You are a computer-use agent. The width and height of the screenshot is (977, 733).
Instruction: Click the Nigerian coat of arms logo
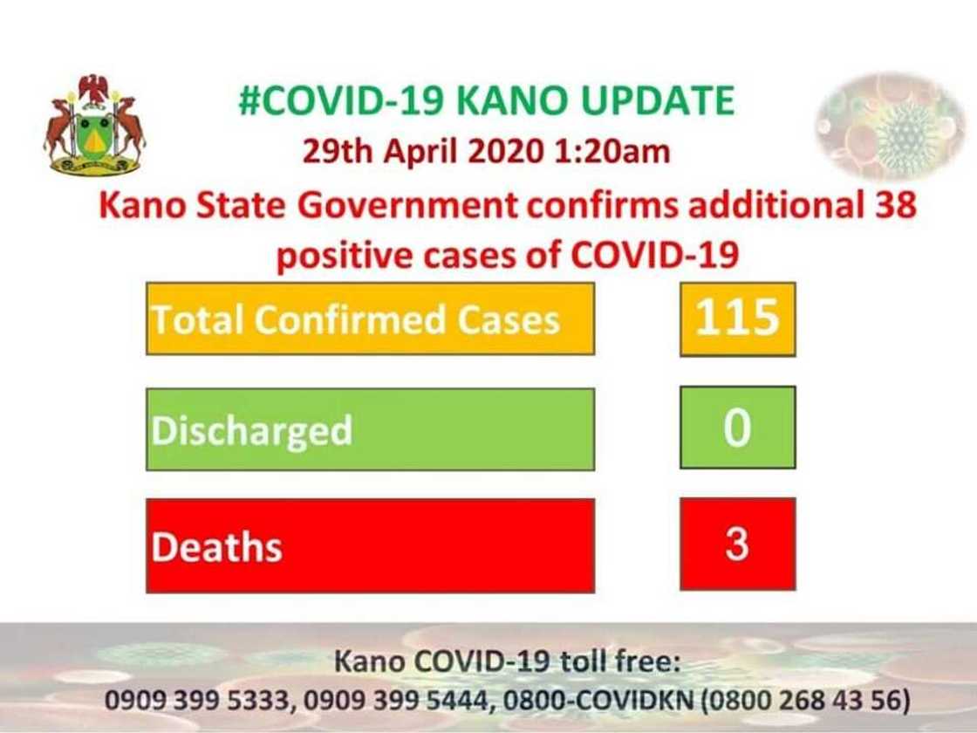94,125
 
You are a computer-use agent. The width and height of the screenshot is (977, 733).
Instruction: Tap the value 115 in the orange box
737,318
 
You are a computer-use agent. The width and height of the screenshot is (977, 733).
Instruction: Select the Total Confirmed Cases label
355,320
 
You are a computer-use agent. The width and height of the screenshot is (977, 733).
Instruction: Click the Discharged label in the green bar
252,430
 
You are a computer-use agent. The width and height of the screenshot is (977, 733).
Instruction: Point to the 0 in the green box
737,429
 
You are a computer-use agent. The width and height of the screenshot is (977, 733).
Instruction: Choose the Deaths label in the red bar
216,547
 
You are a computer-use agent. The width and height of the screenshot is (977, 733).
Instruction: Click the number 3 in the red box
737,545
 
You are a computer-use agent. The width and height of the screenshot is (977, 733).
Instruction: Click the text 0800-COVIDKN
584,700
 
